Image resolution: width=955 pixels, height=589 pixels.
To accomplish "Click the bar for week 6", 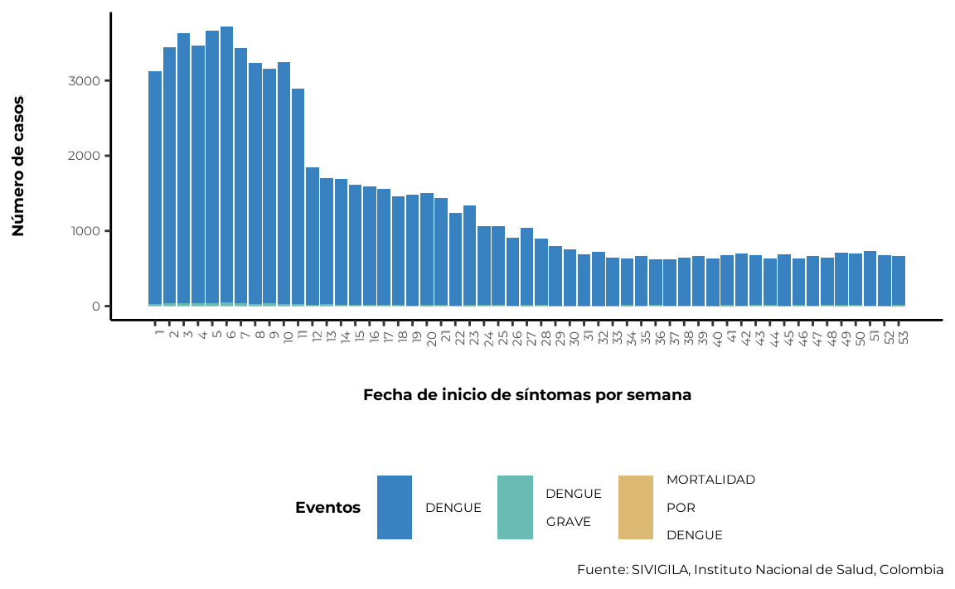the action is (226, 167).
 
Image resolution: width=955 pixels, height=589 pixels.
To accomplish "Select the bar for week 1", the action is (155, 189).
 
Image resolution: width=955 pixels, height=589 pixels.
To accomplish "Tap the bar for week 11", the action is (298, 197).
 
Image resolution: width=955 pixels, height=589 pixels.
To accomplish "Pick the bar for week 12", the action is (313, 237).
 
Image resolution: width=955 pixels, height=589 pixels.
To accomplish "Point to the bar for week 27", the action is (527, 267).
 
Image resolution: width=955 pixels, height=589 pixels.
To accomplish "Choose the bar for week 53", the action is (899, 281).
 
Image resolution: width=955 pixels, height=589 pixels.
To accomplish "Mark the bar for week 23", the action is (469, 255).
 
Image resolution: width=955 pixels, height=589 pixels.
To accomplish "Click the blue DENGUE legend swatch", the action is (395, 508).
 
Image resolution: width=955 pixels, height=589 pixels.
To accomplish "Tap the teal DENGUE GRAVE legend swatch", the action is (516, 508).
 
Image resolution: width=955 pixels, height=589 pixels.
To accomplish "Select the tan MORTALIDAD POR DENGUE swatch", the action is (636, 508).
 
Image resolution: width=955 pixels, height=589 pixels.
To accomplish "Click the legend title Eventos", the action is (327, 508).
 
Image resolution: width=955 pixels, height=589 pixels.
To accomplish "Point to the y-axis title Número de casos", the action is (18, 167).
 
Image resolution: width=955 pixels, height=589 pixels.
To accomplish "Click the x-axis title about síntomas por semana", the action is (527, 395).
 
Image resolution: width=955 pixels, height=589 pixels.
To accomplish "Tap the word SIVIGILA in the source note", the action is (660, 569).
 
